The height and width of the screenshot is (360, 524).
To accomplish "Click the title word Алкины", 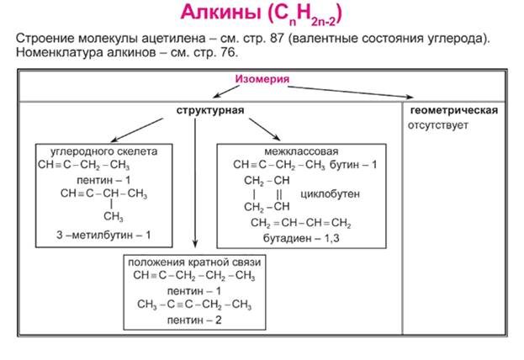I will click(219, 14).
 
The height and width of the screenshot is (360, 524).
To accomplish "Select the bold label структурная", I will click(210, 111).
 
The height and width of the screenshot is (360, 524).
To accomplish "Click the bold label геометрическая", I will click(454, 110).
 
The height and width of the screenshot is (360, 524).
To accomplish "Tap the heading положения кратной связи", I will click(193, 262).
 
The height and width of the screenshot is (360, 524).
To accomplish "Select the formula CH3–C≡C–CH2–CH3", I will click(193, 304).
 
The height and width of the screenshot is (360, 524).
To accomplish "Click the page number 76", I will click(230, 53).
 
